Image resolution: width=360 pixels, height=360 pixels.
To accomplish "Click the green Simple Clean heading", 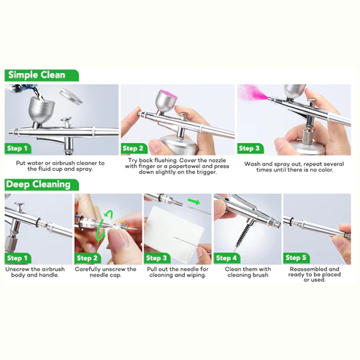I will click(x=37, y=74).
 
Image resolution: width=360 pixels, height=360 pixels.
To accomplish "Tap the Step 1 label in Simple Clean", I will click(x=18, y=148).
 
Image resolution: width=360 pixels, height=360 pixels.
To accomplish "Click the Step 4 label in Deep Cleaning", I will click(x=227, y=258).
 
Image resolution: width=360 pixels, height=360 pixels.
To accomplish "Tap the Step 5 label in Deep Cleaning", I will click(x=296, y=258).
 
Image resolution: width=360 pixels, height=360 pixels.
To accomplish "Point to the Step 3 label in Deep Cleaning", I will click(x=158, y=258).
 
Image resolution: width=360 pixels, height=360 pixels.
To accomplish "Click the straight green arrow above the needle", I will click(x=193, y=200).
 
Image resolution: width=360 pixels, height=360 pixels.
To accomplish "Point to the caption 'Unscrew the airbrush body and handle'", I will click(x=35, y=272).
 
